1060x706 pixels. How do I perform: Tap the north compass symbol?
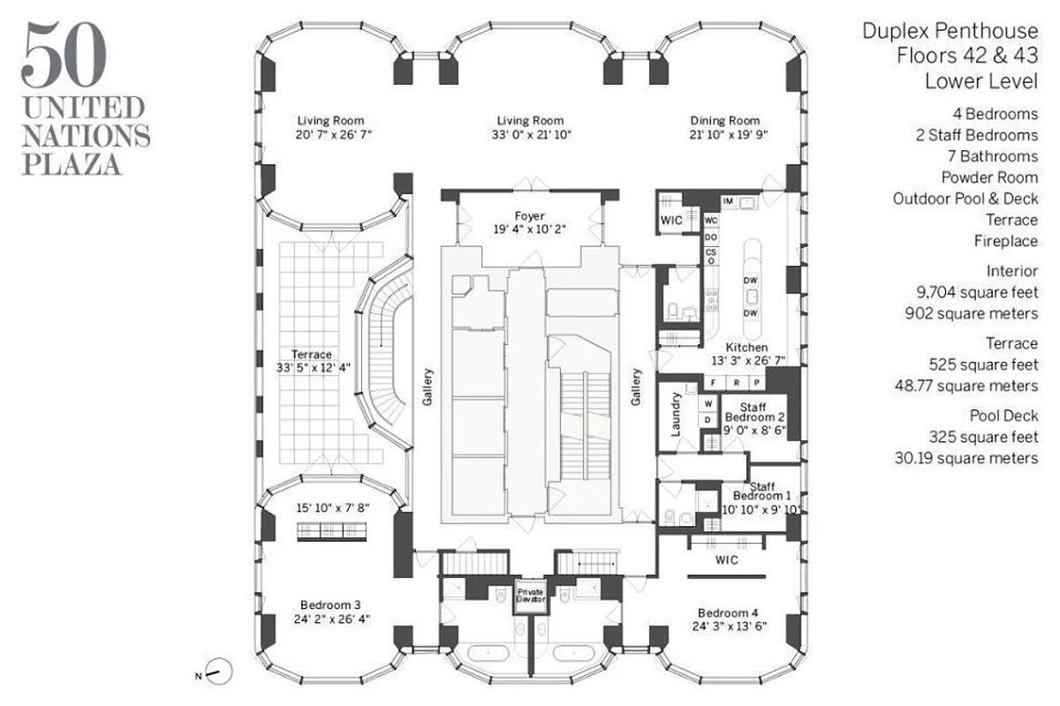click(x=218, y=672)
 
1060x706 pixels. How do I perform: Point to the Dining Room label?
click(x=725, y=121)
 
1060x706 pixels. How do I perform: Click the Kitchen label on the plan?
click(x=746, y=348)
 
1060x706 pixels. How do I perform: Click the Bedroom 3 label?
click(x=329, y=605)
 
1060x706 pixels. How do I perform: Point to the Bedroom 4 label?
click(x=727, y=613)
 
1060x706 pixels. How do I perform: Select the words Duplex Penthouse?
click(x=950, y=32)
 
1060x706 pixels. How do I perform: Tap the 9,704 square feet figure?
click(x=975, y=291)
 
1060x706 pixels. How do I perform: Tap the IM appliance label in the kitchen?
click(x=728, y=201)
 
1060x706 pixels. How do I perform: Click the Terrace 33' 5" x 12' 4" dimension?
click(x=315, y=368)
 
